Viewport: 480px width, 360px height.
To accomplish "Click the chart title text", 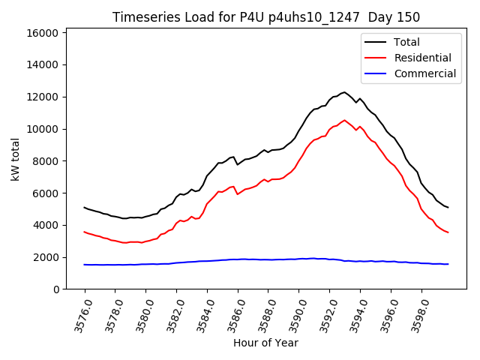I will (x=266, y=17).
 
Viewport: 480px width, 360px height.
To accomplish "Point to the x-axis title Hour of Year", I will (x=265, y=343).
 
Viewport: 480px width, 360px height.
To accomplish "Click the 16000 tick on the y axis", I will (x=43, y=33).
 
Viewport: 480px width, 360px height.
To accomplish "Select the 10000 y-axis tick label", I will (x=43, y=129).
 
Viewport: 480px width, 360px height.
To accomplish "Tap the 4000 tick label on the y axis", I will (x=46, y=225).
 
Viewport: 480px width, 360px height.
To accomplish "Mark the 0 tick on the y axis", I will (x=56, y=289).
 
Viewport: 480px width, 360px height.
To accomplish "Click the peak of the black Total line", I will (x=344, y=92).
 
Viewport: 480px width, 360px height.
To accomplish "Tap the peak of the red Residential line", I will (x=345, y=120).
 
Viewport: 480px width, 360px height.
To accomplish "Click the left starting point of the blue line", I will (x=85, y=265).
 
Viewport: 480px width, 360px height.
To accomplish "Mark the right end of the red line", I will (x=448, y=232).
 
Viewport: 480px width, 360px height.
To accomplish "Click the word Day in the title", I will (x=383, y=17).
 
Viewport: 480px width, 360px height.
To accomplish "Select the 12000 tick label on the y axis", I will (x=43, y=97).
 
